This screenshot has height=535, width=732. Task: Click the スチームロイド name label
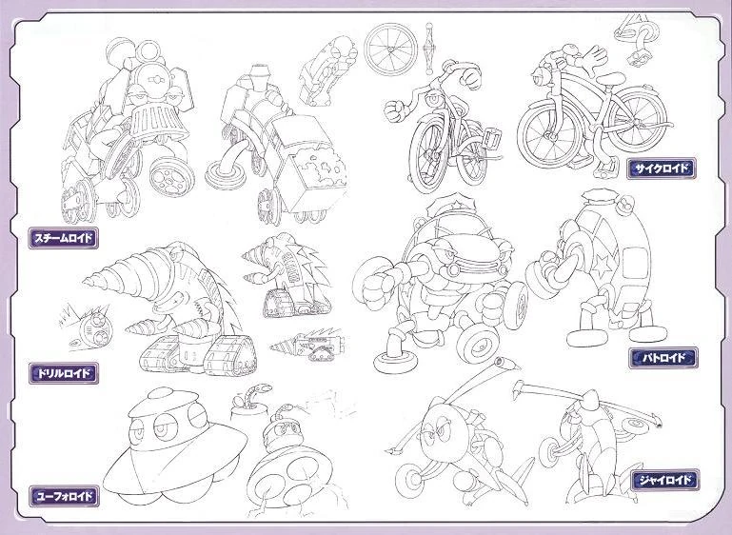(x=64, y=238)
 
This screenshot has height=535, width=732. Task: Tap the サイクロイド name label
(x=662, y=168)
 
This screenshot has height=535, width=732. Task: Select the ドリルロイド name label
(x=64, y=373)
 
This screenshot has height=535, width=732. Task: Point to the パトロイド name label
(x=663, y=358)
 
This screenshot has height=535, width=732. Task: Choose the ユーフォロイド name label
(x=64, y=496)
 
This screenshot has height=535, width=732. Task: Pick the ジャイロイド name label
(x=665, y=480)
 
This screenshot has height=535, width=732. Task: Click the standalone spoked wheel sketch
(x=390, y=50)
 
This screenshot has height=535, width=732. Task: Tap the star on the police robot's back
(x=603, y=267)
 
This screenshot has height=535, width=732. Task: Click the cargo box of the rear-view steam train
(x=308, y=164)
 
